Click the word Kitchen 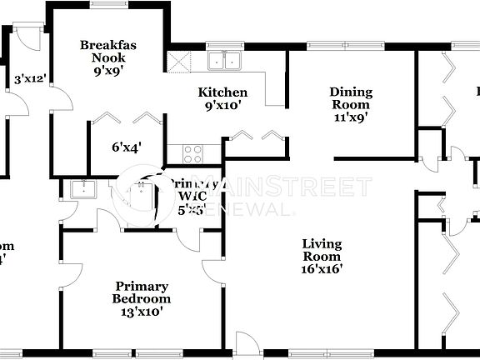222,92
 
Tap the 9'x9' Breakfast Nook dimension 102,71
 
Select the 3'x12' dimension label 30,80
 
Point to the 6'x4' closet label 127,147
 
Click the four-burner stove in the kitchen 192,153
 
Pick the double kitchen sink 223,60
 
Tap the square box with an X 178,62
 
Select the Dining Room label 351,98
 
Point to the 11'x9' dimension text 350,117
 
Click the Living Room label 322,250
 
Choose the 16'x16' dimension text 322,268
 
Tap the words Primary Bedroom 143,292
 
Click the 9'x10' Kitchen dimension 222,107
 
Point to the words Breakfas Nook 102,52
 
